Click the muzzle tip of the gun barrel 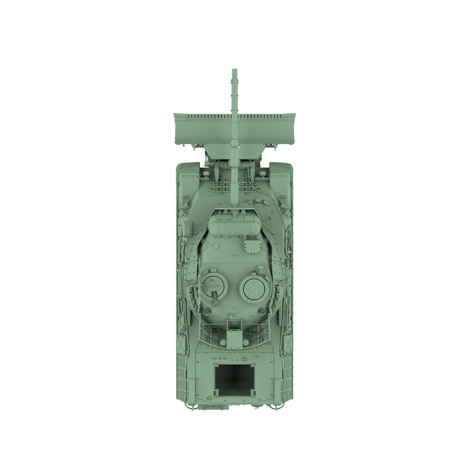tap(234, 71)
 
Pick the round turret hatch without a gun tap(255, 287)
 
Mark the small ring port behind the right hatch tap(261, 310)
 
